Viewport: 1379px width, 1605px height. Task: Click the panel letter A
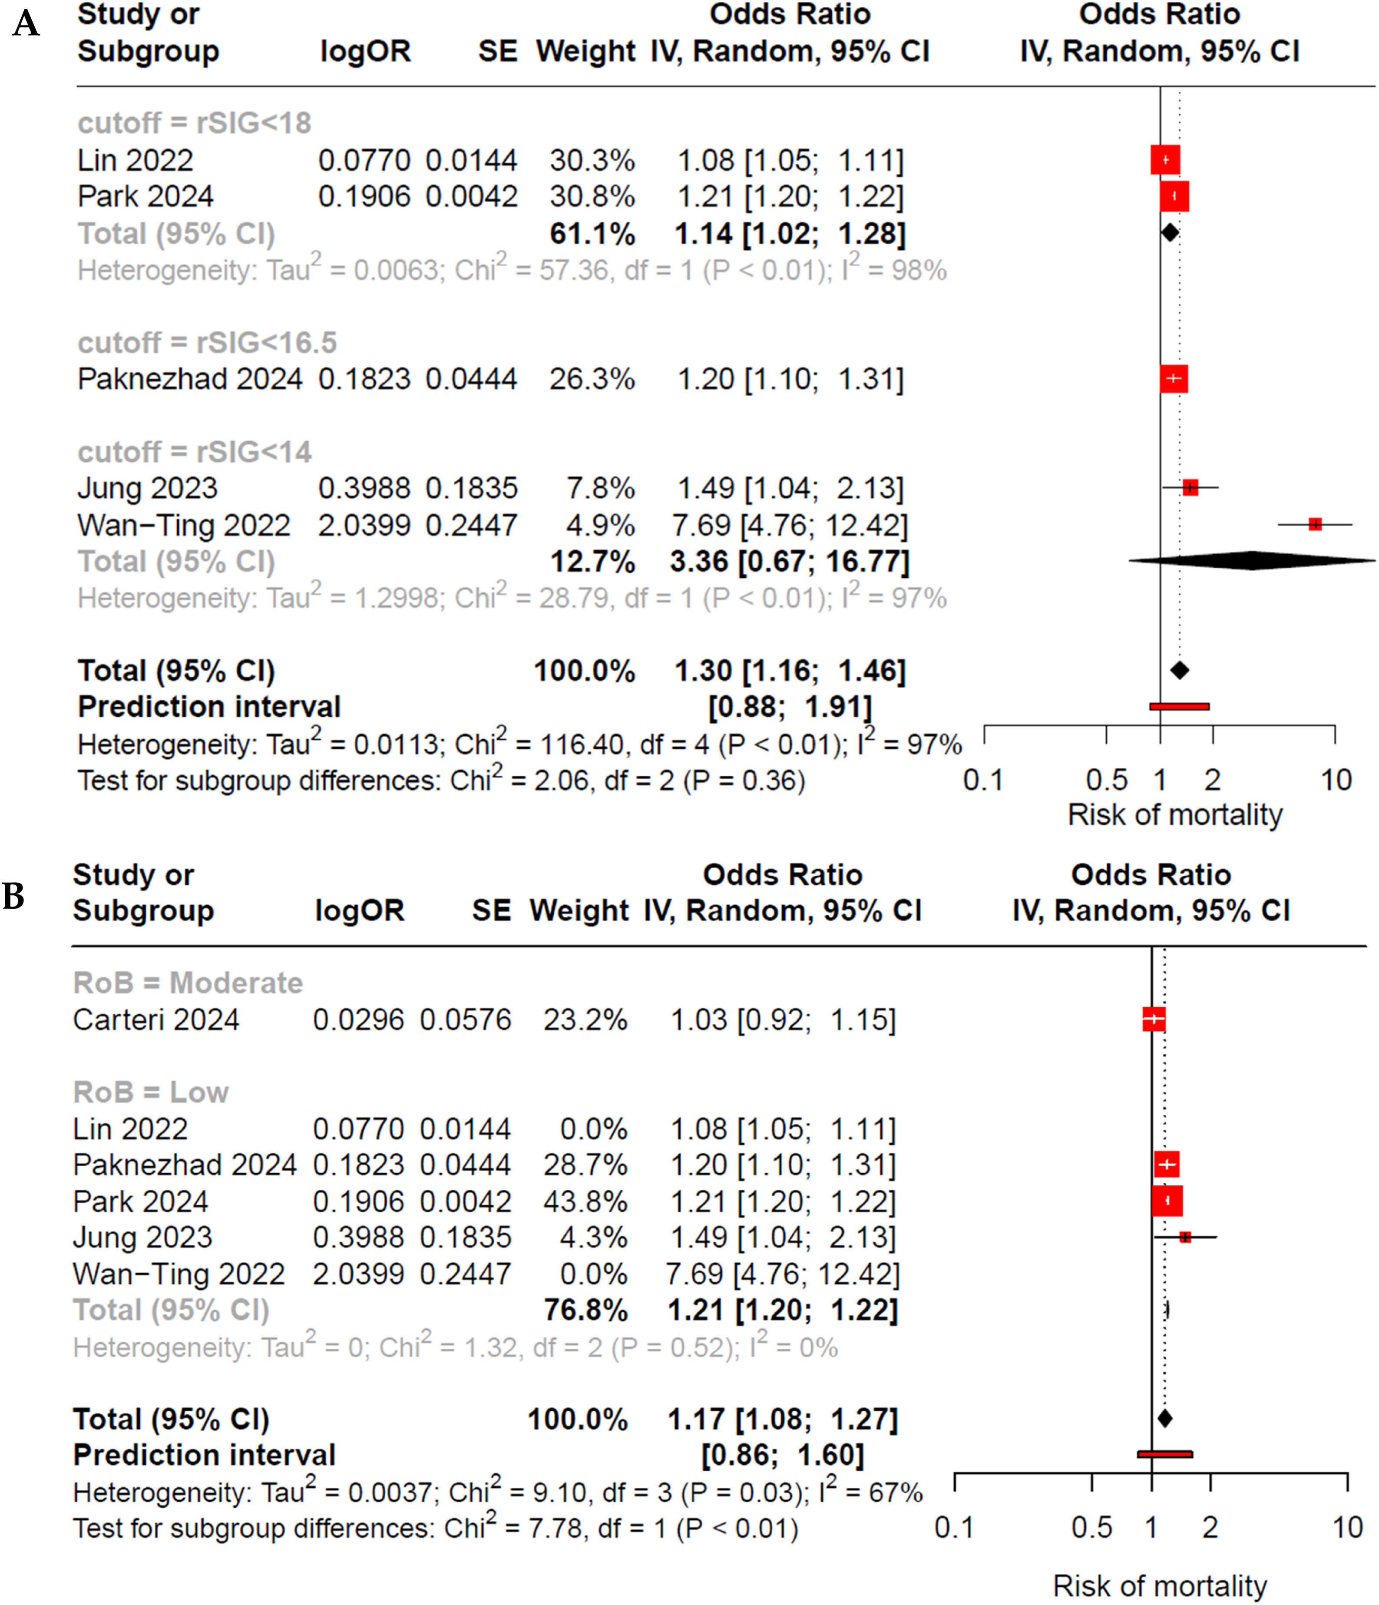click(x=26, y=23)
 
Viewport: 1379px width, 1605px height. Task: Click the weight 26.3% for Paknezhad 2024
click(x=592, y=379)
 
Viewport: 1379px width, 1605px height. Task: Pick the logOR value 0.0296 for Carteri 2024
click(x=358, y=1019)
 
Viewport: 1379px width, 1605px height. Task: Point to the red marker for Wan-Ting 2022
click(x=1315, y=524)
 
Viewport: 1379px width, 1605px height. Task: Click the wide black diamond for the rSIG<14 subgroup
click(x=1252, y=560)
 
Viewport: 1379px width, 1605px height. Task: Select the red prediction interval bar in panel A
click(x=1179, y=706)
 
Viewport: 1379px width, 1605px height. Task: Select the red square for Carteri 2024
click(x=1154, y=1019)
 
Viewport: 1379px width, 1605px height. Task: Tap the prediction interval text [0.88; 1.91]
click(x=790, y=706)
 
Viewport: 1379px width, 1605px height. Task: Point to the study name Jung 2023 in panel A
click(x=147, y=488)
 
